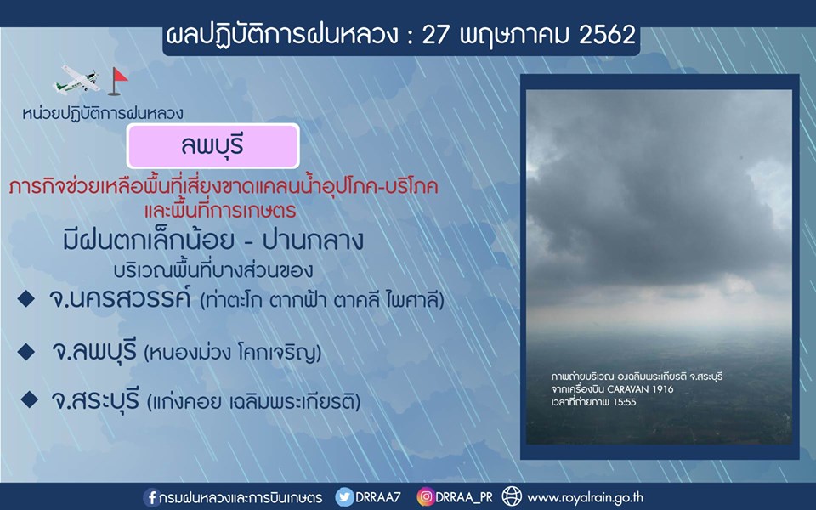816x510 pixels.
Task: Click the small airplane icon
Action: click(x=76, y=80)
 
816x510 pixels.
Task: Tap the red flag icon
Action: click(x=117, y=82)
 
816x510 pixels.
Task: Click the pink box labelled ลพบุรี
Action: click(x=212, y=146)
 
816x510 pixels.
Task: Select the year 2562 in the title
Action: click(x=607, y=35)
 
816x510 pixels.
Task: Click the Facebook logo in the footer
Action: click(x=151, y=497)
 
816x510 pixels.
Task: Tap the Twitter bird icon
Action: click(x=344, y=497)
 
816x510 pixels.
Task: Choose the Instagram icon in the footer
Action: click(x=425, y=496)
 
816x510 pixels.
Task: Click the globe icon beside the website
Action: click(x=512, y=496)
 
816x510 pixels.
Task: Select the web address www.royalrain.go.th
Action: click(x=586, y=497)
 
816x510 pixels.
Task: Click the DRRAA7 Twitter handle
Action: click(x=378, y=497)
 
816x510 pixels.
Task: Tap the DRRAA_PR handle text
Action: click(x=464, y=497)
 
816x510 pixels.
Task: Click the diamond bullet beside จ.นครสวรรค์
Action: click(x=26, y=298)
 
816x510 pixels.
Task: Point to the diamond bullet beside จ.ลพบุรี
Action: click(x=26, y=352)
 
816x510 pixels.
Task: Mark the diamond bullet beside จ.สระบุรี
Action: click(x=29, y=399)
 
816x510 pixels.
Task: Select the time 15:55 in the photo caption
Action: click(x=624, y=402)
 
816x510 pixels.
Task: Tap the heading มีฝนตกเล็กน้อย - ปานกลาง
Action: click(x=212, y=241)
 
